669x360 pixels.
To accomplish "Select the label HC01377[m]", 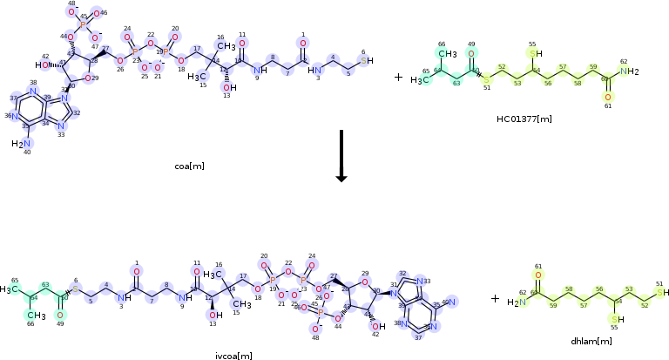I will click(x=524, y=118).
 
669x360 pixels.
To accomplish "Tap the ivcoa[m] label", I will click(x=233, y=355).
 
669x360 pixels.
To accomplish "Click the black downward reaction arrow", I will click(x=341, y=157).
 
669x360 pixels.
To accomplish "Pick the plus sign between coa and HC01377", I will click(x=398, y=78).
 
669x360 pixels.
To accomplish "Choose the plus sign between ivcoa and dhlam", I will click(x=495, y=298).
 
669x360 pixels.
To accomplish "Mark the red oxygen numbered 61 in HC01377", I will click(x=609, y=96).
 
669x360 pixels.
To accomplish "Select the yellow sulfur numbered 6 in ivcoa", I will click(x=76, y=288).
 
